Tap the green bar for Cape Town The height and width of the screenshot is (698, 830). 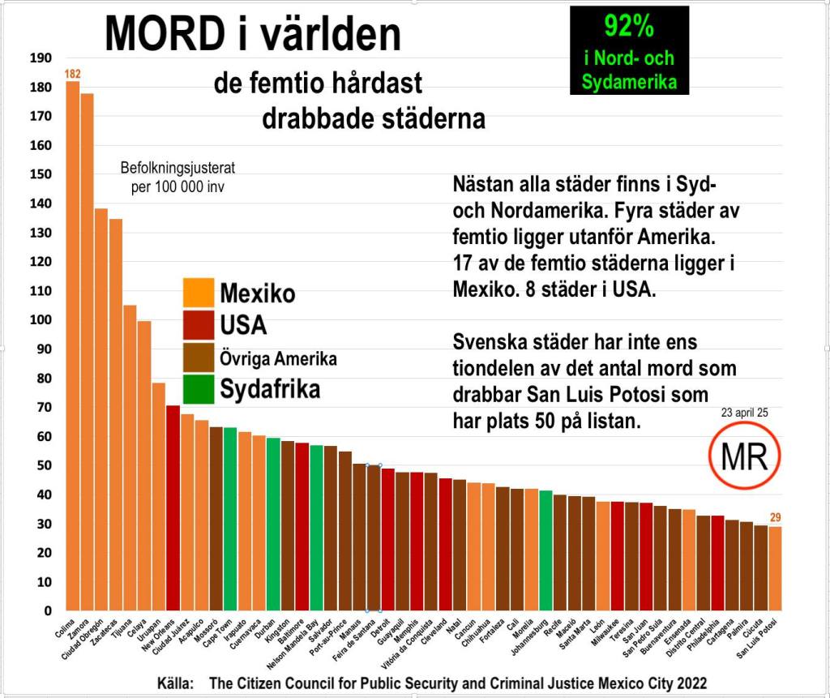click(x=230, y=519)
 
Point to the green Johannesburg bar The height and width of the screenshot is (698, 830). click(x=545, y=551)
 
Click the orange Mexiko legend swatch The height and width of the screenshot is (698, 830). click(x=199, y=293)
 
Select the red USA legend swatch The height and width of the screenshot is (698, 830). click(x=199, y=325)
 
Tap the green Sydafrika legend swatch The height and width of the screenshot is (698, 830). click(x=199, y=389)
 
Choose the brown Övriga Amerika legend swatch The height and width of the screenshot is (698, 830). click(x=199, y=358)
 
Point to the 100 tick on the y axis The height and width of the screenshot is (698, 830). click(x=41, y=320)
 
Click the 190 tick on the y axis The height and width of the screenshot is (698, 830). click(x=41, y=58)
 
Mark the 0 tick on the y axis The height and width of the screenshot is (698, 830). click(x=48, y=611)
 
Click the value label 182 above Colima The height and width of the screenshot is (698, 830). click(x=73, y=75)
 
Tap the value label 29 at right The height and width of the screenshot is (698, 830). click(x=775, y=518)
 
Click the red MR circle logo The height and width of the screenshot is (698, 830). click(x=744, y=457)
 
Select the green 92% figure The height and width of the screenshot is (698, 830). click(x=629, y=27)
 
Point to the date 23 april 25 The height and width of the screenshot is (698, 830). click(x=743, y=413)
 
